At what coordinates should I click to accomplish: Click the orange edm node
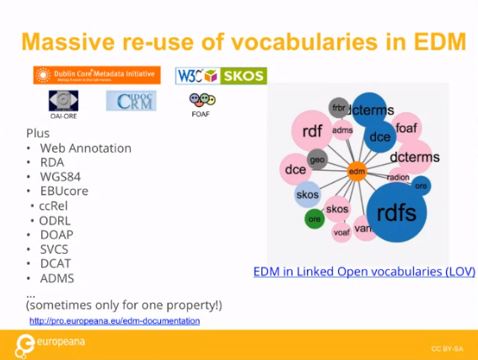point(357,171)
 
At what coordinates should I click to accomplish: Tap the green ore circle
point(314,218)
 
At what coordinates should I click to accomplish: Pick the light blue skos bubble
point(308,194)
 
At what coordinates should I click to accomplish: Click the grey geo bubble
point(317,159)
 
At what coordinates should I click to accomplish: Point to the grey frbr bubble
point(339,108)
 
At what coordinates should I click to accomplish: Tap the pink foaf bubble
point(406,128)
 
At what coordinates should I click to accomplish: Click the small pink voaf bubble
point(341,231)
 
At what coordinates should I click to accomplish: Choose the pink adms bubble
point(342,131)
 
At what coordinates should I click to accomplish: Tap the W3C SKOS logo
point(221,76)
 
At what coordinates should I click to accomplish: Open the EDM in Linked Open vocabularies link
point(364,271)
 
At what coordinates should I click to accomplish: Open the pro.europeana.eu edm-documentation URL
point(115,321)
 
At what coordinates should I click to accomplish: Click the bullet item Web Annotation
point(85,148)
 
